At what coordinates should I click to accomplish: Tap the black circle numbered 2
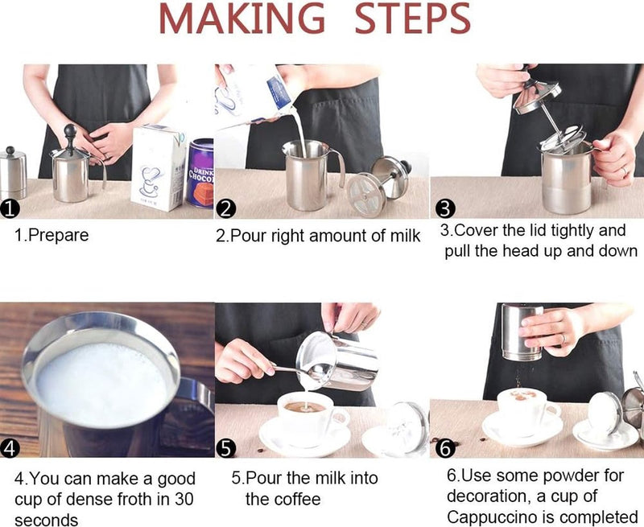tap(226, 209)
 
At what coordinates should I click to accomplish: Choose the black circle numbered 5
tap(226, 448)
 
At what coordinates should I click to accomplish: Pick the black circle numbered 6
tap(444, 448)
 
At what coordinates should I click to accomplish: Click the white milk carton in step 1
tap(157, 167)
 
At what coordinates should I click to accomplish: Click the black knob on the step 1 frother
tap(69, 130)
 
